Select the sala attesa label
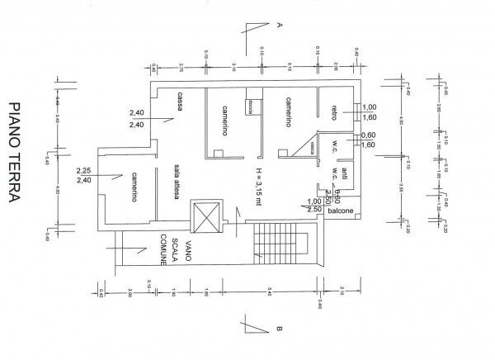click(176, 178)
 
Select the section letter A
click(280, 26)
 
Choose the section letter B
click(280, 332)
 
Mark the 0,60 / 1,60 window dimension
click(369, 140)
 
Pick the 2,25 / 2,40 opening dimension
click(83, 175)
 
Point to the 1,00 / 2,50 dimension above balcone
click(313, 206)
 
